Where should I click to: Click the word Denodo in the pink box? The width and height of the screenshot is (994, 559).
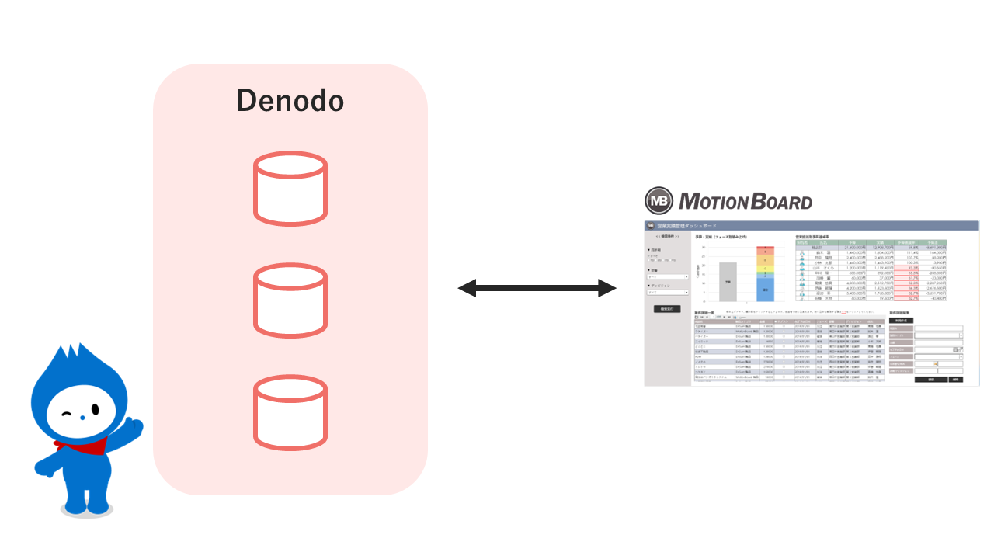tap(290, 101)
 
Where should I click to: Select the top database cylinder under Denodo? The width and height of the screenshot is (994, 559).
tap(290, 188)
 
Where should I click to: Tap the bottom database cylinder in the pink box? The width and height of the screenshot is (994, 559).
tap(290, 411)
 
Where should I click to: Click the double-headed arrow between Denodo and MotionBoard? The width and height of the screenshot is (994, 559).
tap(537, 289)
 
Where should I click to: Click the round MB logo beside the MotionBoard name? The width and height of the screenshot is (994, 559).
tap(659, 201)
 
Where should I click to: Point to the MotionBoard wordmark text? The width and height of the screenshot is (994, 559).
tap(745, 202)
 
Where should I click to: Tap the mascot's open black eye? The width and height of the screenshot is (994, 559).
tap(95, 409)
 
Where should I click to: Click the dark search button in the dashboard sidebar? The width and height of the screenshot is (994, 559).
tap(666, 308)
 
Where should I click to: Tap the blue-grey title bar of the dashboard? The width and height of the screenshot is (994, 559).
tap(808, 225)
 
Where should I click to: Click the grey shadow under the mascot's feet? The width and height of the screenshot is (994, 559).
tap(85, 510)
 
